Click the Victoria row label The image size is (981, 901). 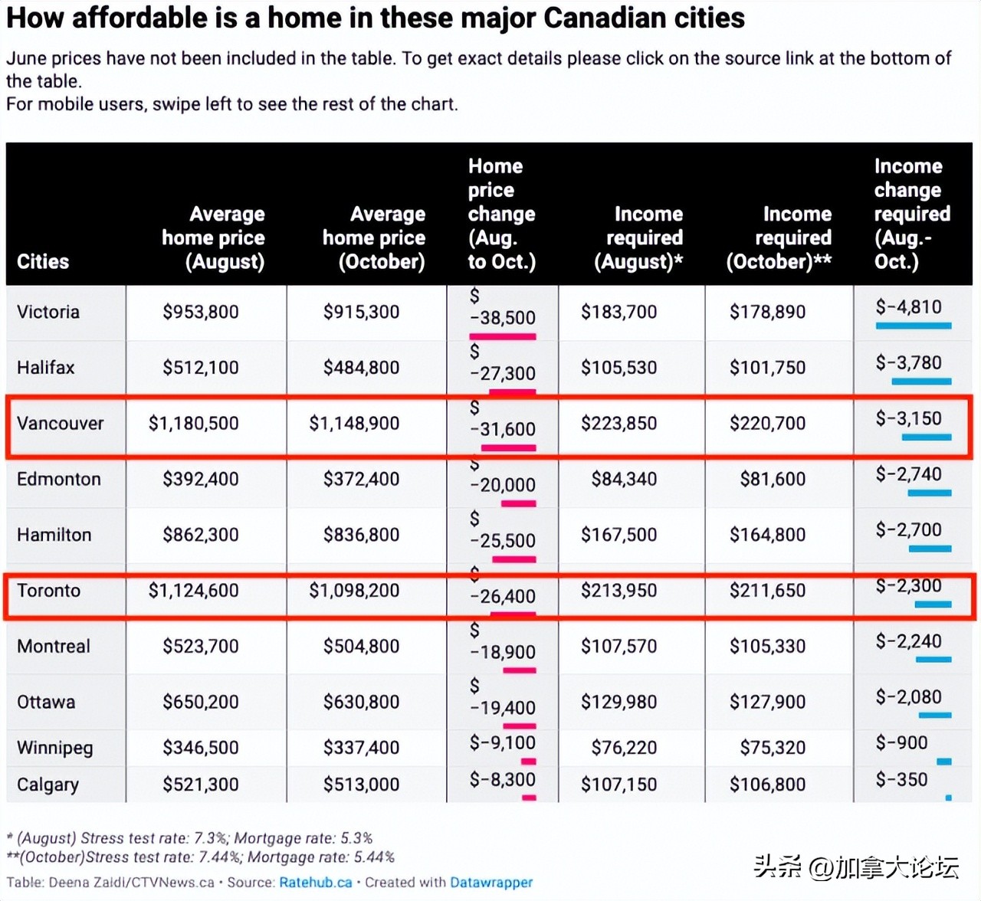tap(48, 312)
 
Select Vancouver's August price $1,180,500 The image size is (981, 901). tap(193, 423)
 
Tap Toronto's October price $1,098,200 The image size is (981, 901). tap(354, 591)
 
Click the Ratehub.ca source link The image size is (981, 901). tap(315, 883)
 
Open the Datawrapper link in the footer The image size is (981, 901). tap(490, 883)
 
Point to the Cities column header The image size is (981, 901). tap(43, 261)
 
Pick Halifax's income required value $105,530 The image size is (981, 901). tap(618, 368)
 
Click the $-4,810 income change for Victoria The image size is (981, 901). tap(908, 307)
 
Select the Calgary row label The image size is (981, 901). tap(48, 785)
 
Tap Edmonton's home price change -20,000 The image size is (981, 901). tap(503, 485)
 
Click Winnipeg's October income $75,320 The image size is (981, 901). tap(773, 748)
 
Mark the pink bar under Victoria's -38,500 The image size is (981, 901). tap(503, 336)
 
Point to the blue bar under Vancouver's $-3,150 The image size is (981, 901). tap(926, 437)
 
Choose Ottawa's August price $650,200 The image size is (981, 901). tap(201, 702)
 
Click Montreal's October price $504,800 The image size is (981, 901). tap(361, 647)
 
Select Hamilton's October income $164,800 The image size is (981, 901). tap(767, 535)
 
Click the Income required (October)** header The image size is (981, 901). tap(779, 238)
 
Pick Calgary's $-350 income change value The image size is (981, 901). tap(901, 780)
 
